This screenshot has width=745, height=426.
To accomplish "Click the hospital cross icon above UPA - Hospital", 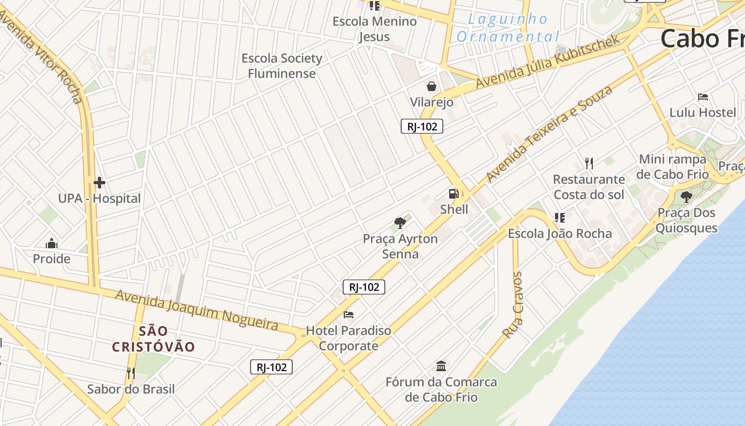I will coord(99,183).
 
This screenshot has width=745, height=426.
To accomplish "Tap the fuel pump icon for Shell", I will coord(453,194).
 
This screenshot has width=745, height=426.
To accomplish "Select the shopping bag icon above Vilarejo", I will coord(432,86).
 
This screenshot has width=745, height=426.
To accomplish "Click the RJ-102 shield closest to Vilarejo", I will coord(421,126).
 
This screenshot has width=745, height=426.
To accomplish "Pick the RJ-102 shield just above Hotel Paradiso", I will coord(363,287).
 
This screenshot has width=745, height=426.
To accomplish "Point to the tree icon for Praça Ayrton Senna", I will coord(400,223).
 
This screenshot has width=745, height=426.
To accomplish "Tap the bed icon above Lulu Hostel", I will coord(703,97).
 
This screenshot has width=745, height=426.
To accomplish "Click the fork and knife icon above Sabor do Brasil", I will coord(130,373).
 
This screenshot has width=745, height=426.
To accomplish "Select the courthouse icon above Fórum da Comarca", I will coord(441,366).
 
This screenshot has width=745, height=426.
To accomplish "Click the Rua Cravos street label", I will coord(514,305).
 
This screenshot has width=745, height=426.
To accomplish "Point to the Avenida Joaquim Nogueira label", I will coord(197,309).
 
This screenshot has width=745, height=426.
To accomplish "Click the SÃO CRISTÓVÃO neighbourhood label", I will coord(153,339).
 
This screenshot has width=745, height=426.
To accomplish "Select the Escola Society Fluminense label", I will coord(282,65).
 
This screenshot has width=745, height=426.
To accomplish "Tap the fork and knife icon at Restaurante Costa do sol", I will coord(589,163).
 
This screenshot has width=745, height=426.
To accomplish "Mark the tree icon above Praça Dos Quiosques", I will coord(686,197).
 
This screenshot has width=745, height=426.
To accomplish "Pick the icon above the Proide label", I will coord(52,243).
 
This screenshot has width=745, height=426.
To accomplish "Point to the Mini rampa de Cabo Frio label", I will coord(673,167).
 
